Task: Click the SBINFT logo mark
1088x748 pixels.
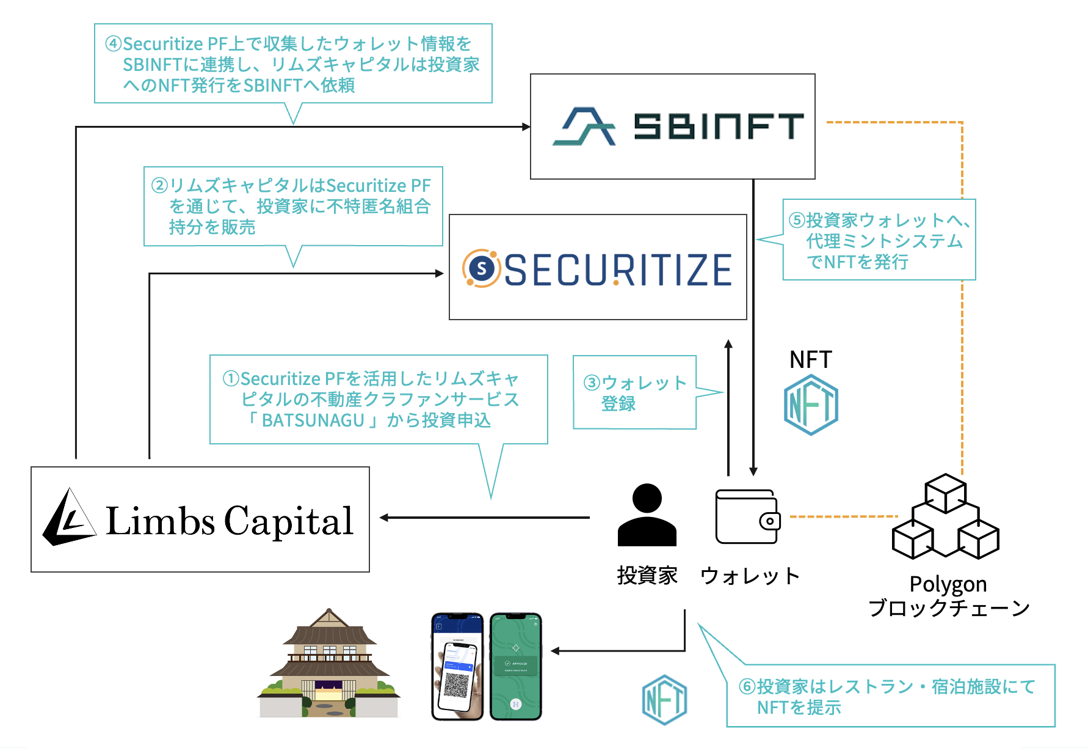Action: tap(584, 127)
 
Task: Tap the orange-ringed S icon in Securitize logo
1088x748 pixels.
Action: tap(482, 268)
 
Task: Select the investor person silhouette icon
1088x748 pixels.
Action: tap(647, 515)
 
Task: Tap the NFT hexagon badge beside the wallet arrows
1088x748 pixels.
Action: tap(811, 404)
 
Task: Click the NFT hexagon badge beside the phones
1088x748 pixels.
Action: tap(664, 699)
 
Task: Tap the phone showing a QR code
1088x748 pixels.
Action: tap(457, 666)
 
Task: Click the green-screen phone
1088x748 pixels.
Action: tap(516, 666)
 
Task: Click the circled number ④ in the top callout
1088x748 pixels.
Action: tap(114, 44)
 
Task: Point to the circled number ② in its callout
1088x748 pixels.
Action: tap(159, 185)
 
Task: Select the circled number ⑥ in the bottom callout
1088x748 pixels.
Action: tap(747, 686)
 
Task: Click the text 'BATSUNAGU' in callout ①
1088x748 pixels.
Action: tap(313, 420)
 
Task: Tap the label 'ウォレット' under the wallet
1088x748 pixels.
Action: tap(750, 576)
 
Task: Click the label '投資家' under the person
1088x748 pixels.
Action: tap(647, 575)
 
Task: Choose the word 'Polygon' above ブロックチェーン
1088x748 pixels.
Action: tap(948, 584)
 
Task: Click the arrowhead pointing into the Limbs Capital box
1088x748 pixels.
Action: tap(384, 518)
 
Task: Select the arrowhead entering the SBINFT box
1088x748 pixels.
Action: tap(526, 127)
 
